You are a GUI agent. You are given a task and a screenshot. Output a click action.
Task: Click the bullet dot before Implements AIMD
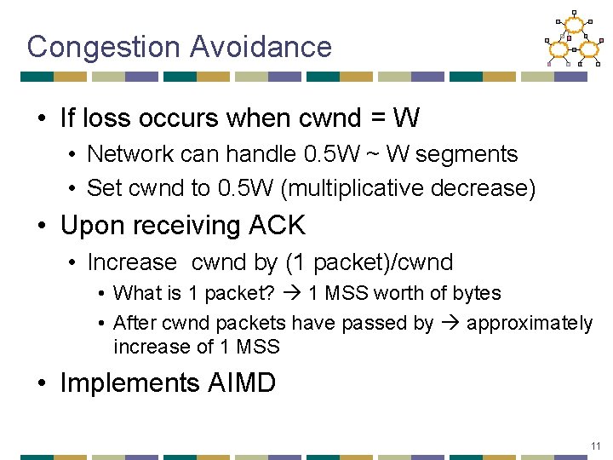click(43, 383)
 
